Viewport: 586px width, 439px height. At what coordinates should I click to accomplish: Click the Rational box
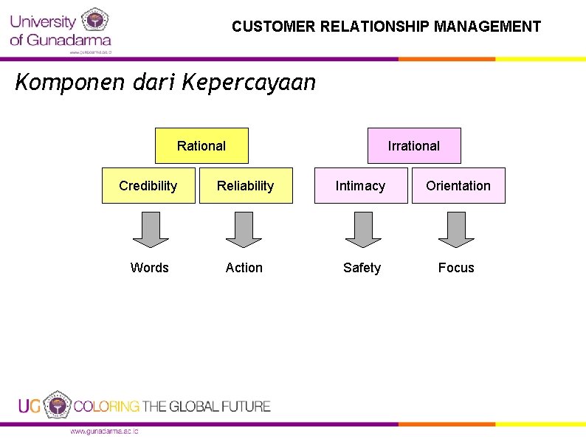[201, 145]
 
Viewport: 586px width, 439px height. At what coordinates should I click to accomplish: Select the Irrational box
[414, 145]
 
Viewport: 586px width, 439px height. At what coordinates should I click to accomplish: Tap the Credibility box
[148, 186]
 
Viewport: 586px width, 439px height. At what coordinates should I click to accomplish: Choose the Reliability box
[246, 186]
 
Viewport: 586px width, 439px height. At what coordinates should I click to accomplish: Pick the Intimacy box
[361, 186]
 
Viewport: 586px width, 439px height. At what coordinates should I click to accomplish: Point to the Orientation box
[458, 186]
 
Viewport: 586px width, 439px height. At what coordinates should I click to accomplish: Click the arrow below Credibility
[151, 229]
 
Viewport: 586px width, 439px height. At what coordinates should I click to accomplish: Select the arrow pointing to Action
[244, 229]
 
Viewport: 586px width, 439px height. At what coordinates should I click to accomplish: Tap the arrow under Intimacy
[363, 229]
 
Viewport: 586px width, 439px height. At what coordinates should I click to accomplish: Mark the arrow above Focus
[456, 229]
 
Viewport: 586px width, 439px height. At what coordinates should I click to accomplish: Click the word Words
[150, 268]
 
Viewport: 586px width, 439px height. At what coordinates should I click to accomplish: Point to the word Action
[244, 268]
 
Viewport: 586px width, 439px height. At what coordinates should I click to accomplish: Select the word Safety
[362, 268]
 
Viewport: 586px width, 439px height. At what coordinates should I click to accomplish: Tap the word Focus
[456, 268]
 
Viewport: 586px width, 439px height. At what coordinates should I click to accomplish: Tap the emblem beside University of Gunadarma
[94, 21]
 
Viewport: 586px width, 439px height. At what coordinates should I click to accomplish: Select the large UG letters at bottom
[30, 406]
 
